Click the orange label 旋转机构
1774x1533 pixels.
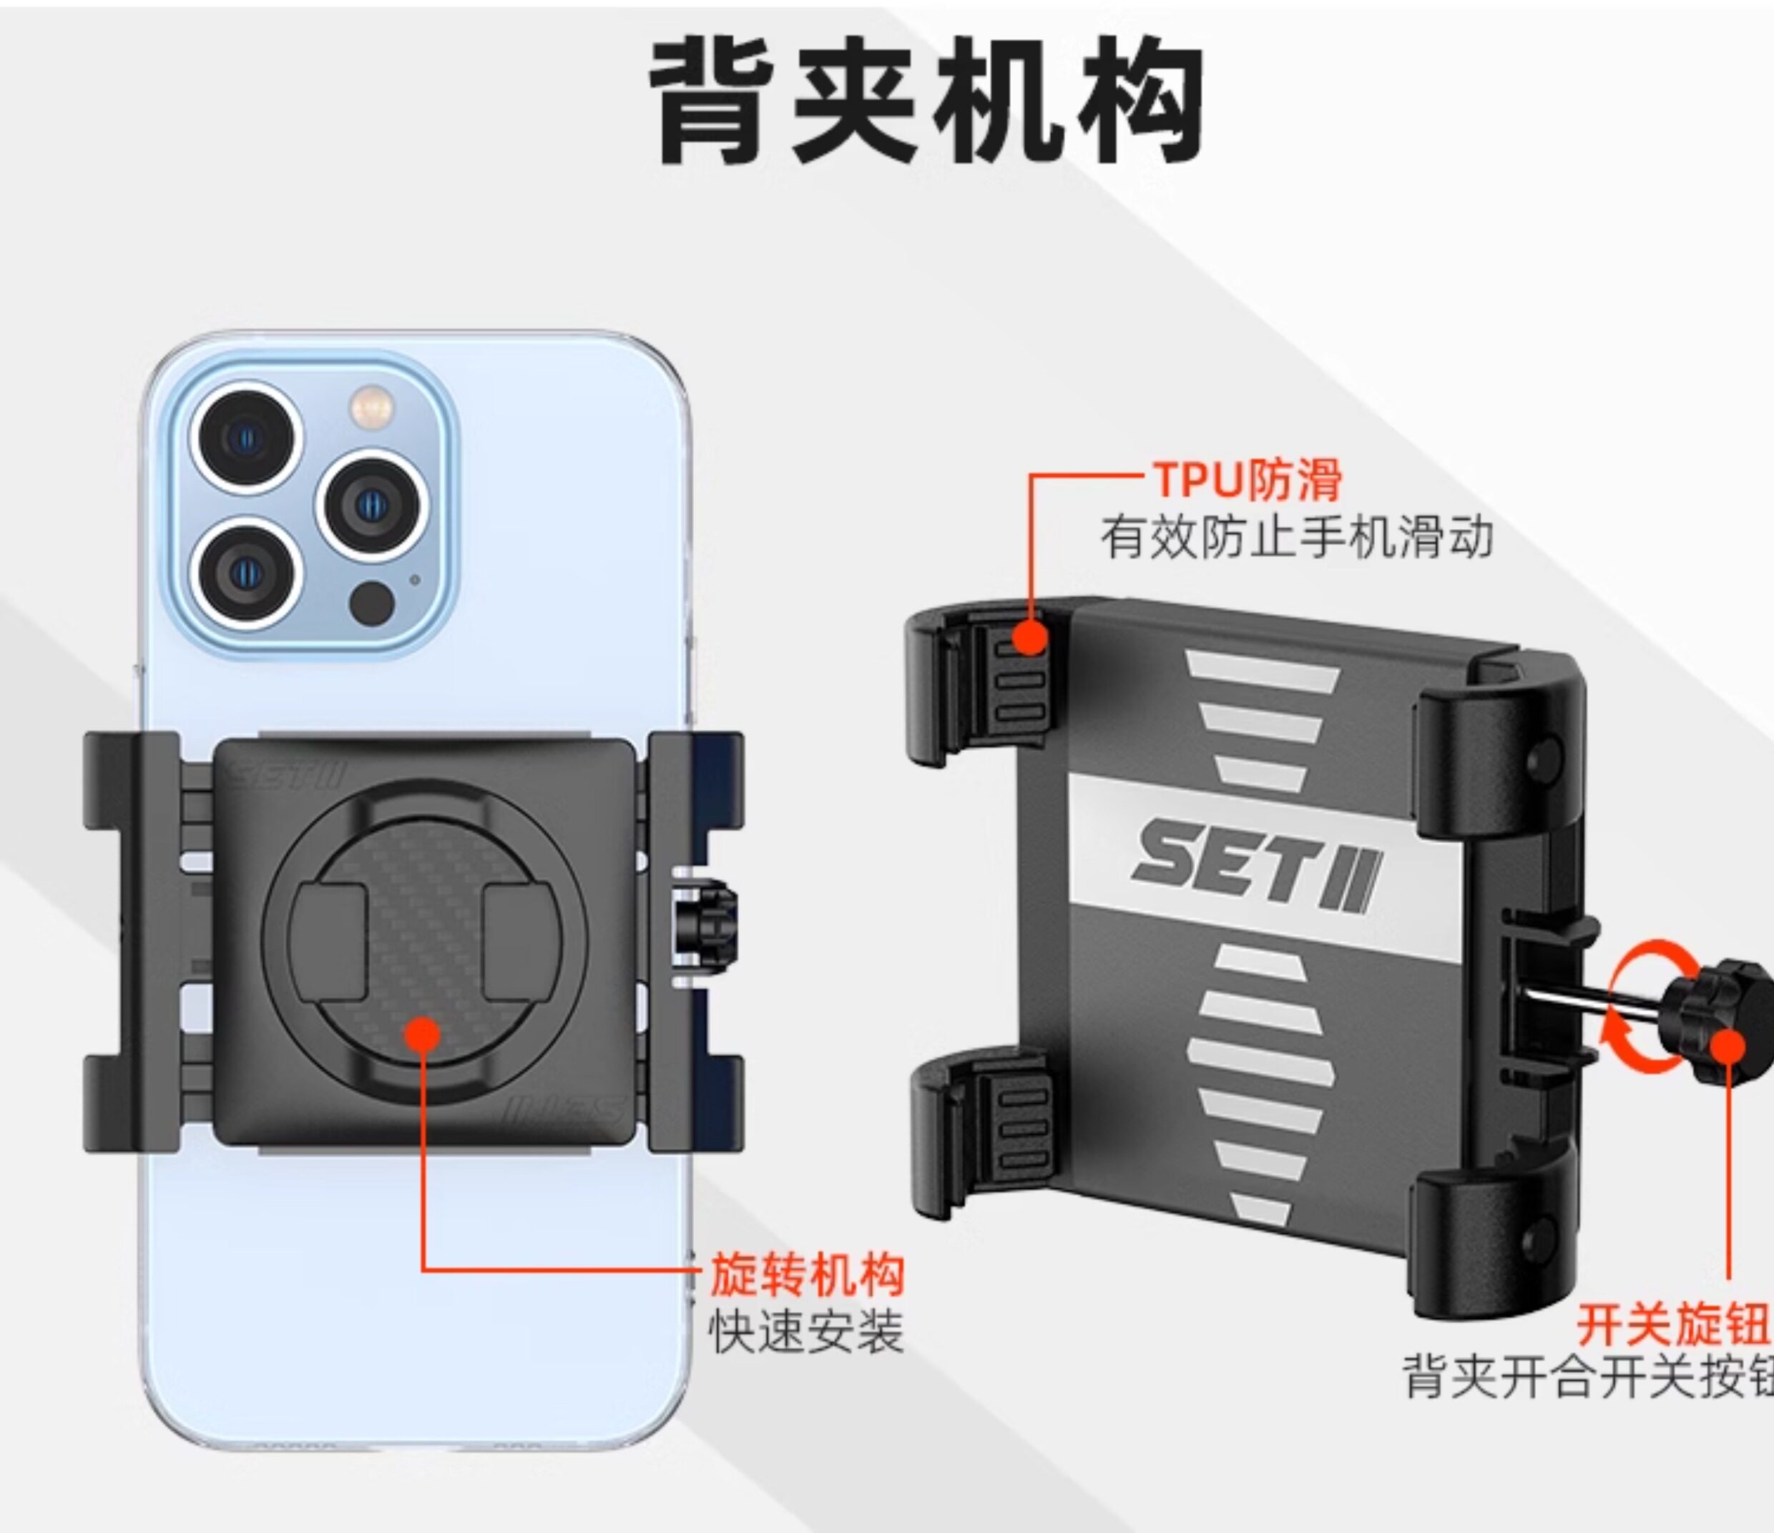pos(806,1274)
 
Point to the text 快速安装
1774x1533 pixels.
pos(806,1333)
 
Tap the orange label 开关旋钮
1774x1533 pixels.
pos(1673,1325)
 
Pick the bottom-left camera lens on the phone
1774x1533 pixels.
pos(246,571)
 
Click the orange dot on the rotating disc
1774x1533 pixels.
pos(421,1034)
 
